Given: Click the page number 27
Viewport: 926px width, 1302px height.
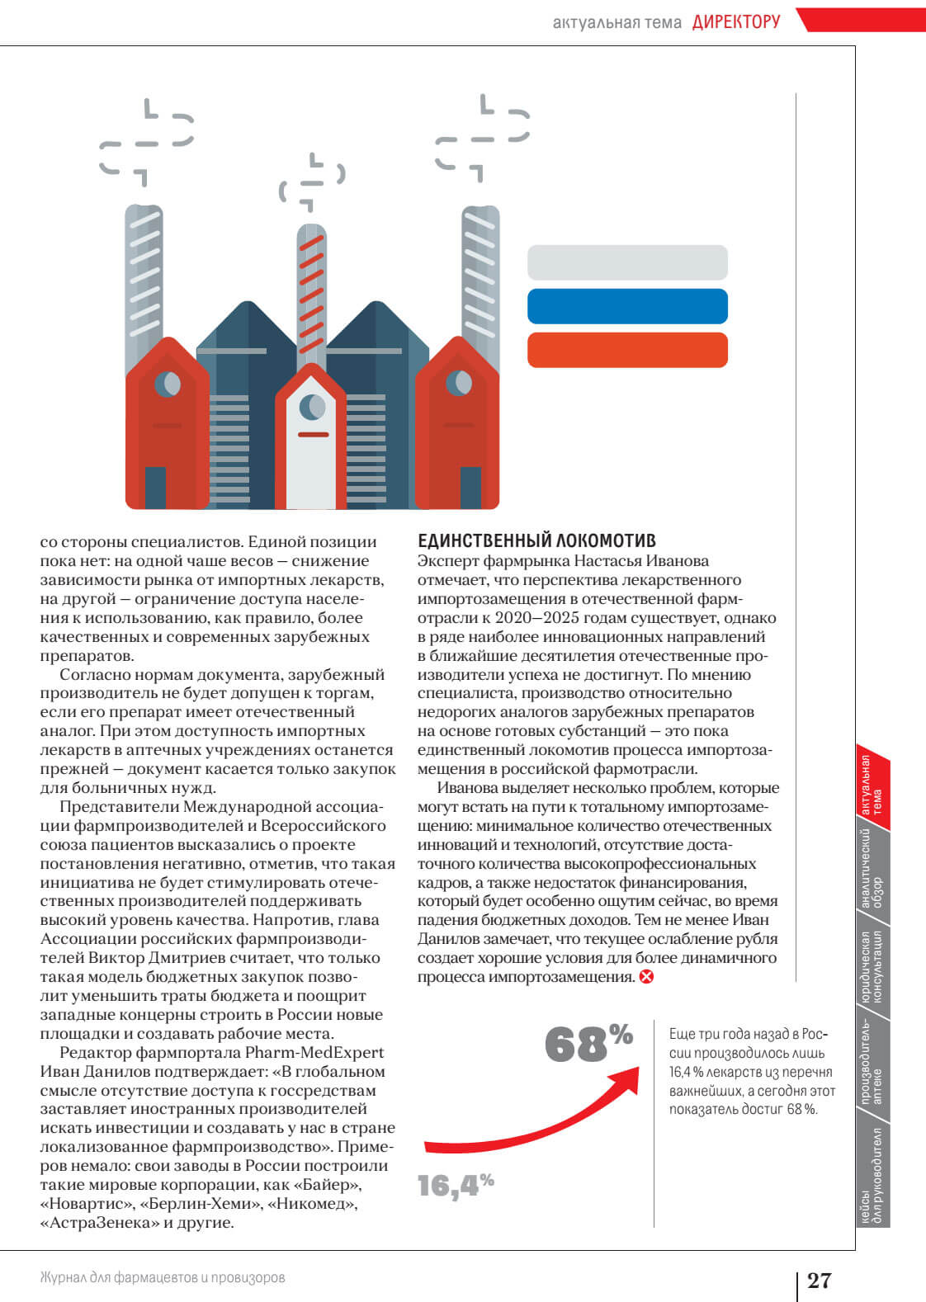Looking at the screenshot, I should [x=819, y=1280].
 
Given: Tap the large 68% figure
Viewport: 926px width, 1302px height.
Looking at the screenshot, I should [x=588, y=1044].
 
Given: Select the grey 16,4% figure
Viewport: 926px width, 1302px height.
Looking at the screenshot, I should [x=455, y=1186].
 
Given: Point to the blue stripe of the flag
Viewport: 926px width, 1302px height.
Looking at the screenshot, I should [x=627, y=306].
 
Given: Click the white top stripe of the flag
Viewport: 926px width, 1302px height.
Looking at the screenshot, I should [x=627, y=262].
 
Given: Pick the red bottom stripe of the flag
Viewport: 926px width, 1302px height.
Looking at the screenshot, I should [x=627, y=350].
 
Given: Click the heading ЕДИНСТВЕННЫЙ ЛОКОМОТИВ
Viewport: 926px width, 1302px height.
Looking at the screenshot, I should [x=536, y=541].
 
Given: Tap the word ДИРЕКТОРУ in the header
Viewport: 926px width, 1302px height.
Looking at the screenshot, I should [x=736, y=22].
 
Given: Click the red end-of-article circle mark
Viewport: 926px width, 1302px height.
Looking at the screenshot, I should [x=646, y=977].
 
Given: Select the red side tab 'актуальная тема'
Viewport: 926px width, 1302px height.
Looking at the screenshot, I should [x=873, y=784].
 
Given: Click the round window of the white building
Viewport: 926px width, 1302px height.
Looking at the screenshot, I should [x=311, y=405].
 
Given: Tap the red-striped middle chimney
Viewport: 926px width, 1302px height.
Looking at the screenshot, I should [x=312, y=289].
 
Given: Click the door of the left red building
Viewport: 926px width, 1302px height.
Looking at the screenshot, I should [x=155, y=487].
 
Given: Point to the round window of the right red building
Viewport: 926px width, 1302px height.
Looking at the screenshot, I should [x=458, y=383].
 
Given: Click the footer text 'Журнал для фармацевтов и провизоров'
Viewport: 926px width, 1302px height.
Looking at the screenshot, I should [x=163, y=1277].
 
